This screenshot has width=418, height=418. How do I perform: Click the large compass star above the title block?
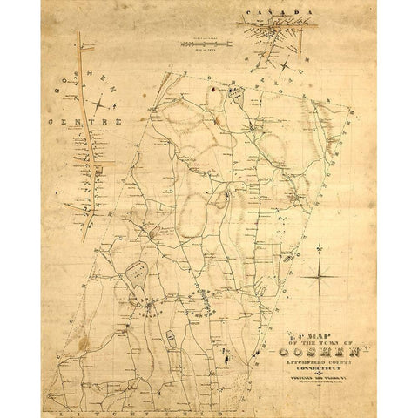pyautogui.click(x=320, y=276)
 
